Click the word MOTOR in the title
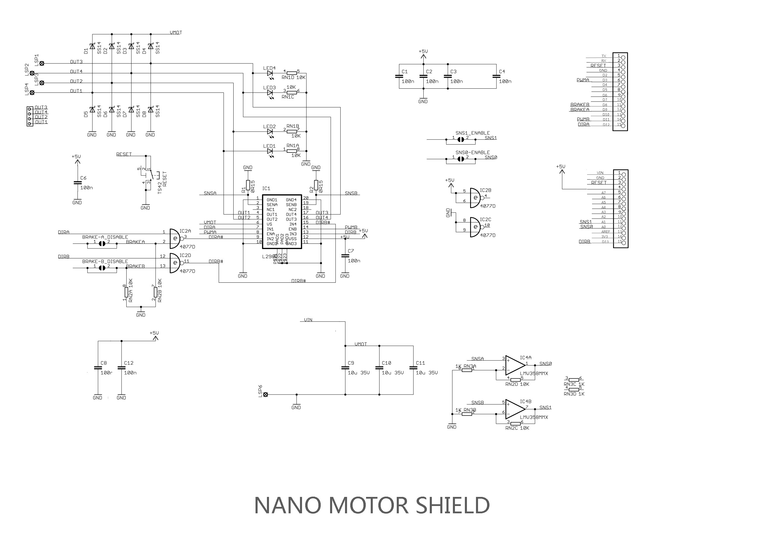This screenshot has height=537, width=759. (369, 505)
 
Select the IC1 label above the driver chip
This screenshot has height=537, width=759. (266, 188)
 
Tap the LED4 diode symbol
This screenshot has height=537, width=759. (270, 73)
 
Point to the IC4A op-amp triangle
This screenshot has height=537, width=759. (515, 365)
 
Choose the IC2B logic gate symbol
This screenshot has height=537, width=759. (475, 198)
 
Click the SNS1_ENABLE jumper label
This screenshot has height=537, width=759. (472, 133)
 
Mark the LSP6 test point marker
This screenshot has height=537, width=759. (265, 394)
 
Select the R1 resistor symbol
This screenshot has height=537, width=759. (248, 185)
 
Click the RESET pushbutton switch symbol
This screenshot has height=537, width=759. (149, 174)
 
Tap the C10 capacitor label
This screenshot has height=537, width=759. (387, 363)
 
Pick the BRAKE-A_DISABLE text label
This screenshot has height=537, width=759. (105, 237)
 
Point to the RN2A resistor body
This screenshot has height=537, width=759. (126, 292)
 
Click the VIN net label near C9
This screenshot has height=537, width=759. (308, 320)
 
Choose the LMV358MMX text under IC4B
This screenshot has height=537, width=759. (534, 417)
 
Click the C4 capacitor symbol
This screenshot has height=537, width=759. (496, 76)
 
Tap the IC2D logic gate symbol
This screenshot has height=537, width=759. (175, 263)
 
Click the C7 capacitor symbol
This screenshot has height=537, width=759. (345, 256)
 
